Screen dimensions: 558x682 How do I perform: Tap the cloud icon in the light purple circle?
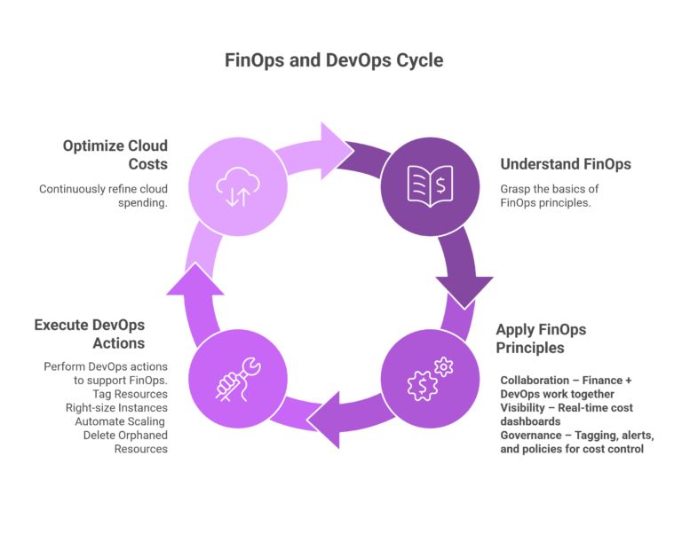coord(236,185)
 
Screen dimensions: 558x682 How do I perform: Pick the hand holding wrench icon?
coord(236,376)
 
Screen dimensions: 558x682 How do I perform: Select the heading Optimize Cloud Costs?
coord(115,154)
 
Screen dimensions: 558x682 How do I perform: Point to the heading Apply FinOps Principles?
coord(541,339)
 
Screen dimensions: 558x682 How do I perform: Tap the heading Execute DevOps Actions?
coord(89,334)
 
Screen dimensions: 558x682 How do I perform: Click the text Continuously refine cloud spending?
coord(103,197)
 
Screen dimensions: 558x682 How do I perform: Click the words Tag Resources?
coord(130,393)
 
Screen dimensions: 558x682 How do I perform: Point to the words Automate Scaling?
coord(122,421)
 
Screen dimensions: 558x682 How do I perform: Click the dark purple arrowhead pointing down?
coord(464,290)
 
